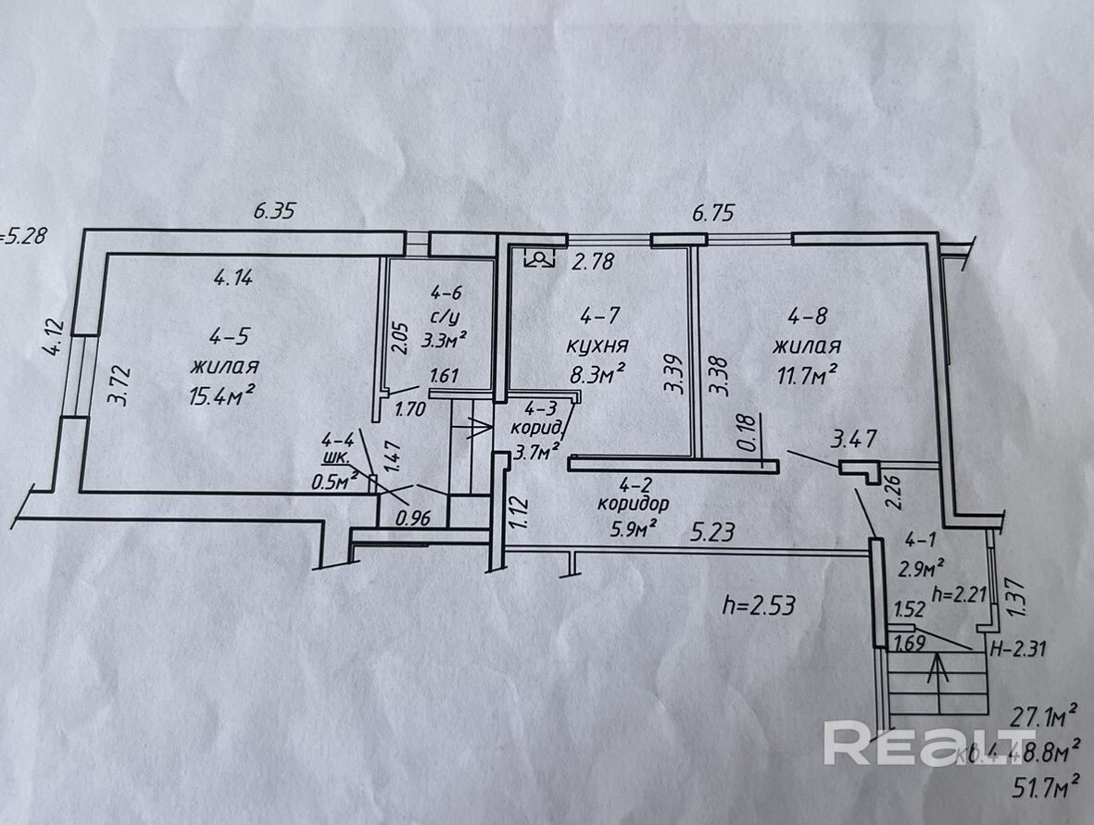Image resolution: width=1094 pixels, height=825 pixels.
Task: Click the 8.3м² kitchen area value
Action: [x=595, y=372]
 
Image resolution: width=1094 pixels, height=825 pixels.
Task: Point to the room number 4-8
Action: [x=804, y=317]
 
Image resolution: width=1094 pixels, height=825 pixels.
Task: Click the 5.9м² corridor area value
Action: [x=634, y=528]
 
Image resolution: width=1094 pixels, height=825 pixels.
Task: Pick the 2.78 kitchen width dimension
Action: [x=593, y=262]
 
